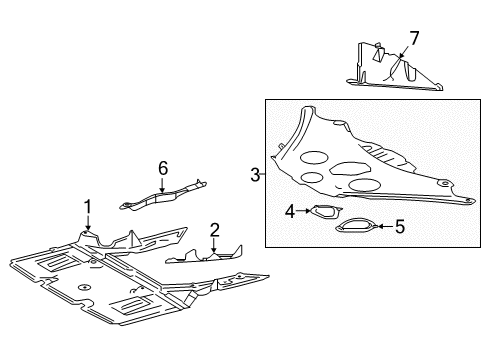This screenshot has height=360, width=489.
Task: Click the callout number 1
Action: [88, 206]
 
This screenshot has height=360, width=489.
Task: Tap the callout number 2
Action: [214, 230]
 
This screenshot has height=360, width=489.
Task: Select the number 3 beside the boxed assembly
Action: [255, 175]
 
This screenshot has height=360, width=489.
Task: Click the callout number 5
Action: [399, 226]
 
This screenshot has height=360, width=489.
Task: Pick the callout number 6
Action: [163, 167]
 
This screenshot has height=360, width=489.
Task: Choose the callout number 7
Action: [413, 37]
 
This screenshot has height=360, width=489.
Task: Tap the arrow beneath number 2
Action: [214, 248]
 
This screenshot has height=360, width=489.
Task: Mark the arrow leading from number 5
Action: [383, 227]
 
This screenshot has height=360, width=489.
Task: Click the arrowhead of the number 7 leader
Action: [392, 76]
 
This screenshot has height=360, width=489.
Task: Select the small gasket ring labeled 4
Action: [319, 212]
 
